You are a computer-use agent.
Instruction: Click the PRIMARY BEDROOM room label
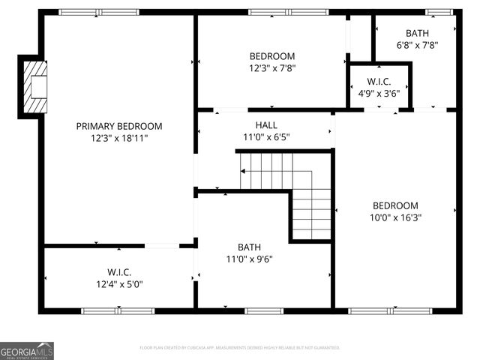coord(118,126)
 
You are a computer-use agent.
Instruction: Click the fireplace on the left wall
coord(34,86)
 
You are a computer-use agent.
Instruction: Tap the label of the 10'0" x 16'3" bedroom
coord(395,205)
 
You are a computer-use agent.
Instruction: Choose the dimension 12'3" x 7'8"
coord(271,68)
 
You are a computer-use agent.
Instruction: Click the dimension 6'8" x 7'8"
coord(417,45)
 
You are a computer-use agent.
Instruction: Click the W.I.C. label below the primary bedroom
coord(118,272)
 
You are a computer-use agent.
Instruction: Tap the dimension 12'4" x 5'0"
coord(118,284)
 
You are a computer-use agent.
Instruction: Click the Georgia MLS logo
coord(27,350)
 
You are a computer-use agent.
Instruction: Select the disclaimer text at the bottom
coord(240,348)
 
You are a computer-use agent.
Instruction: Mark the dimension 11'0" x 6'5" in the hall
coord(266,137)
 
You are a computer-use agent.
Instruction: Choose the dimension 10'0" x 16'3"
coord(395,217)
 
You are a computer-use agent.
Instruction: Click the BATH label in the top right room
coord(417,33)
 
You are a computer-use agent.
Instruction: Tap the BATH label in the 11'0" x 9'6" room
coord(250,247)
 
